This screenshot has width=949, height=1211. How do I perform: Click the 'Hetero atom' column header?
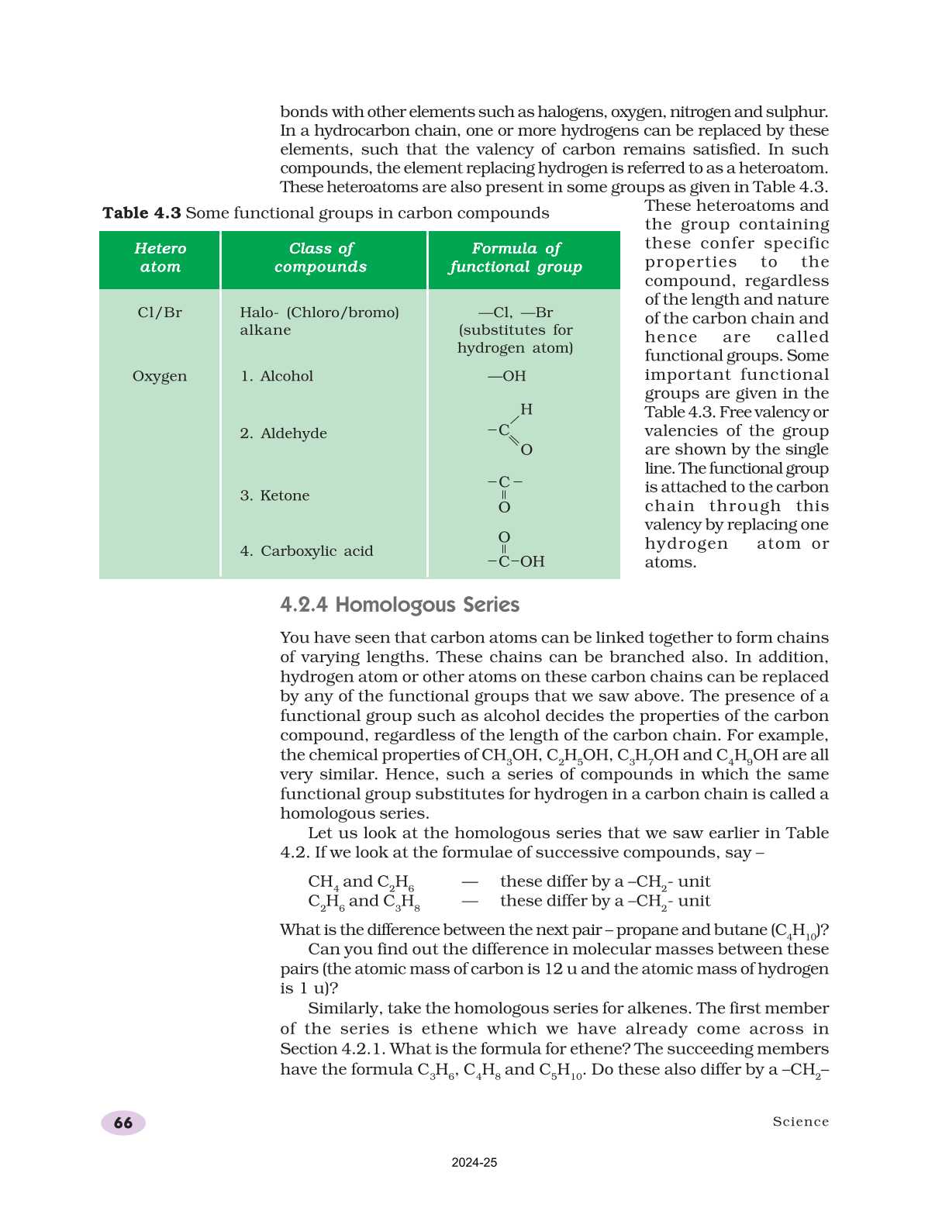click(x=160, y=257)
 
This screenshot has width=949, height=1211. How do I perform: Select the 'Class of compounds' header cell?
click(x=320, y=257)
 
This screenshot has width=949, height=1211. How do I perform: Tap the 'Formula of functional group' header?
click(x=516, y=257)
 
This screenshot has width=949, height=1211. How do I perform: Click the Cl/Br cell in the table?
click(x=160, y=312)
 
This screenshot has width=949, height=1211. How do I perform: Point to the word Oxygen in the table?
click(x=160, y=376)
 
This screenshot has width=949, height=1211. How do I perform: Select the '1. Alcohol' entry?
click(x=277, y=376)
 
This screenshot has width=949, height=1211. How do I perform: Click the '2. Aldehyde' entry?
click(x=284, y=433)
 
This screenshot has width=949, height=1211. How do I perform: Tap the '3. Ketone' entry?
click(x=275, y=495)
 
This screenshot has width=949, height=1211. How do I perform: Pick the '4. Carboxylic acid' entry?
click(x=307, y=551)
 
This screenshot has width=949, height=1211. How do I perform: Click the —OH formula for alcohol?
click(x=507, y=376)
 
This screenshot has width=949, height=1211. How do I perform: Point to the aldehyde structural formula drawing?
click(x=512, y=430)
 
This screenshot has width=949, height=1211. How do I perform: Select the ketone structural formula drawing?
click(x=505, y=494)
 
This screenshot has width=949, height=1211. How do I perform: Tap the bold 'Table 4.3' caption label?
click(x=142, y=213)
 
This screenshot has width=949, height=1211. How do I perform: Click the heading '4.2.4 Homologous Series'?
click(x=399, y=605)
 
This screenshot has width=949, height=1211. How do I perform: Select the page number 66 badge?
click(x=123, y=1123)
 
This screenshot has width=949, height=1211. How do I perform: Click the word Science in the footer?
click(x=800, y=1122)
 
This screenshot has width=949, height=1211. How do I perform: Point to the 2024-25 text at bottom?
click(x=474, y=1163)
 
